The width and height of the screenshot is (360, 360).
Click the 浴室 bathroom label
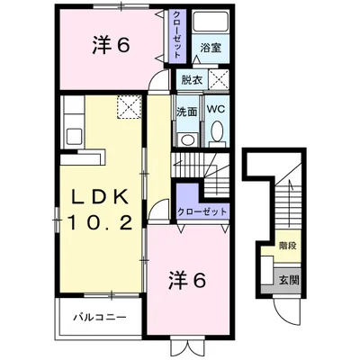click(x=211, y=48)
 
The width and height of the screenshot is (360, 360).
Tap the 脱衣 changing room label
click(x=192, y=80)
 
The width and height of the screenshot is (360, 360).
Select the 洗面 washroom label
click(x=186, y=112)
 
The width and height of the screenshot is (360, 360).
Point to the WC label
click(x=216, y=109)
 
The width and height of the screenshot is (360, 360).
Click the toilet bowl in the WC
click(x=217, y=131)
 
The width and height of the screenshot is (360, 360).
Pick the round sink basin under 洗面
click(x=188, y=139)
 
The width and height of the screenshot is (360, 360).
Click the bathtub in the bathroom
click(x=211, y=22)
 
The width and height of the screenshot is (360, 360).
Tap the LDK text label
click(x=99, y=196)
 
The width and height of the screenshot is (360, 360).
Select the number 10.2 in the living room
click(x=100, y=223)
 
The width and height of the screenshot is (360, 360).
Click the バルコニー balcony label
click(x=100, y=317)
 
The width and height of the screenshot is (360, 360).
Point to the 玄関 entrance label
click(x=289, y=280)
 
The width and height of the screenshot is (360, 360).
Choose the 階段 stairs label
click(x=288, y=246)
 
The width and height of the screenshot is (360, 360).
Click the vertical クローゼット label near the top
click(x=177, y=35)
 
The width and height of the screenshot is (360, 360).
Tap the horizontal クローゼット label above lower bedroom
click(x=202, y=211)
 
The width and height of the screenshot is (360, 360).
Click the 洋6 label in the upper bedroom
click(x=111, y=46)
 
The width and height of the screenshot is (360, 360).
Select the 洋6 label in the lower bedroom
click(x=187, y=281)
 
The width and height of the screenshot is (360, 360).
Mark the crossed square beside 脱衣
click(x=219, y=79)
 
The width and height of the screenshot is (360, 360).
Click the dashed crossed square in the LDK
click(x=129, y=107)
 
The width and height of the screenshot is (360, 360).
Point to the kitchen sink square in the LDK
click(x=74, y=136)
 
